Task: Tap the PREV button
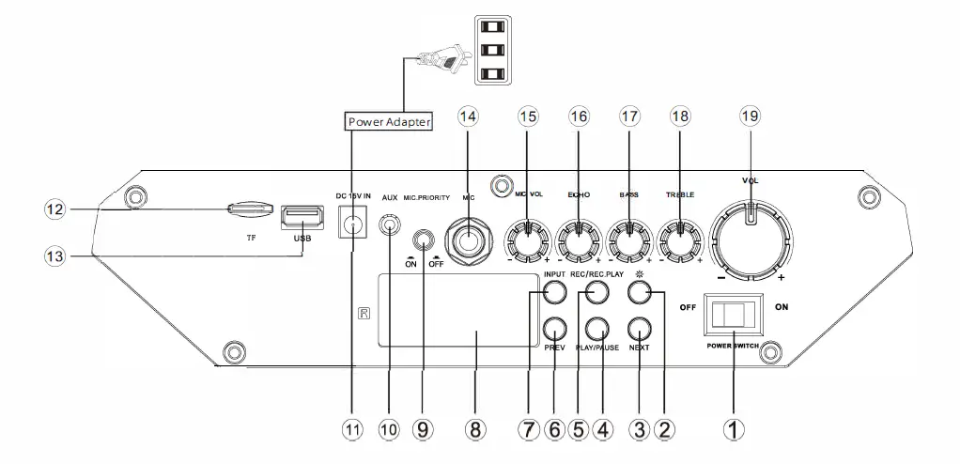pyautogui.click(x=554, y=330)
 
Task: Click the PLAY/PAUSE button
pyautogui.click(x=598, y=330)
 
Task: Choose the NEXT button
pyautogui.click(x=640, y=330)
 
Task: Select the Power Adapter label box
pyautogui.click(x=389, y=121)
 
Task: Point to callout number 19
pyautogui.click(x=749, y=116)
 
